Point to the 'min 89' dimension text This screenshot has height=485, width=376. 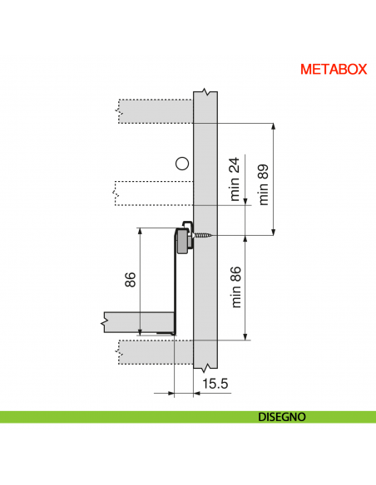tap(265, 184)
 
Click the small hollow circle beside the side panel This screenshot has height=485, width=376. tap(182, 163)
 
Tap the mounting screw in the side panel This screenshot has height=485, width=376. tap(203, 236)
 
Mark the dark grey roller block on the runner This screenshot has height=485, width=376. tap(181, 242)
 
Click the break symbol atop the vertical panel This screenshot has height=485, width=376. tap(205, 91)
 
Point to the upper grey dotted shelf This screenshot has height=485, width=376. tap(155, 110)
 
